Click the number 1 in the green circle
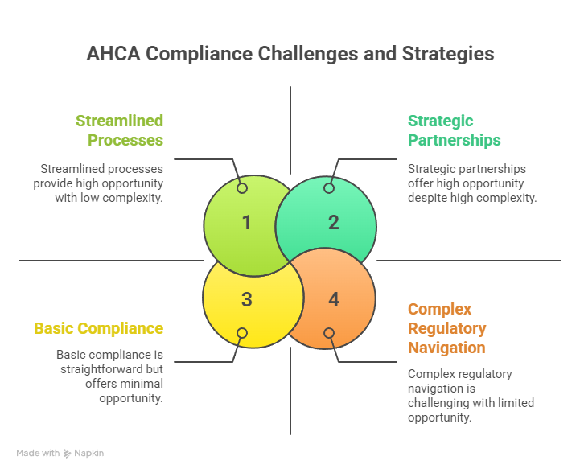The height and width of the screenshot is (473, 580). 246,222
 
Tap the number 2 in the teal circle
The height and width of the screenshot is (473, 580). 333,222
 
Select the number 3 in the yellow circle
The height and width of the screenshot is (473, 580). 246,299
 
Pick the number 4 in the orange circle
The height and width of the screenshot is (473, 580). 333,299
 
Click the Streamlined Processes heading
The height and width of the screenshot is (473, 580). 120,130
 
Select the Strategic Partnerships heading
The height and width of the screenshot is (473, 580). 454,130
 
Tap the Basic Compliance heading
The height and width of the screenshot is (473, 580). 99,328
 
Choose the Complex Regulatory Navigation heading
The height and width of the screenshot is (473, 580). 446,328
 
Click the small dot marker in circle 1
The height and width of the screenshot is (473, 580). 242,187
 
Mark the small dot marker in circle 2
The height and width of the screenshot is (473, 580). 328,187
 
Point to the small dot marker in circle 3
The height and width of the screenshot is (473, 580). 242,333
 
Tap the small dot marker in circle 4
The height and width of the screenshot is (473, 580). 328,333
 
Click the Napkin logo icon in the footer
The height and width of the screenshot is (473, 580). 68,453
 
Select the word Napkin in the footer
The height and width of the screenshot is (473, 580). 89,453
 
